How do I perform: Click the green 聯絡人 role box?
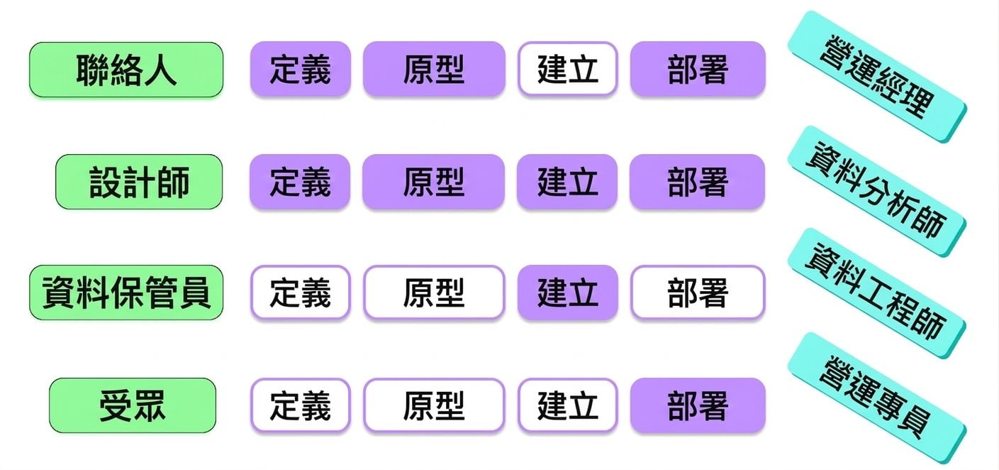coord(126,70)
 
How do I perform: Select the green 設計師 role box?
coord(139,182)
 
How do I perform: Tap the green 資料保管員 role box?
coord(126,293)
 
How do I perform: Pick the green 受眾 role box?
coord(133,405)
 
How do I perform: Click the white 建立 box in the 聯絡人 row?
coord(568,69)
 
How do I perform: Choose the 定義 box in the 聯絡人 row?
coord(300,69)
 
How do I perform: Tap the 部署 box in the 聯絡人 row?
coord(698,69)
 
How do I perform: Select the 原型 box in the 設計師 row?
coord(433,181)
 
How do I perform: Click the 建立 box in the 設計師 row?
coord(567,181)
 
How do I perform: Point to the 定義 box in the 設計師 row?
coord(300,181)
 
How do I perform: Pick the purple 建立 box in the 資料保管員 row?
coord(568,293)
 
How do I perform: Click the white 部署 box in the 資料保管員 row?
coord(698,293)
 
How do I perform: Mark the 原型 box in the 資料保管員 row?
coord(434,293)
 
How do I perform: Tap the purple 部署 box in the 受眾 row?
coord(698,405)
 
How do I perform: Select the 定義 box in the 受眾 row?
coord(300,405)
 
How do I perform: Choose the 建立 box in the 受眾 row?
coord(568,405)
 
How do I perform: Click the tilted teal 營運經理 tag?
coord(877,77)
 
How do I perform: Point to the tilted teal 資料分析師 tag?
coord(877,191)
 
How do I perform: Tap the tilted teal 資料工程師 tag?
coord(877,293)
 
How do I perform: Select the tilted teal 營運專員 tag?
coord(877,398)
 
